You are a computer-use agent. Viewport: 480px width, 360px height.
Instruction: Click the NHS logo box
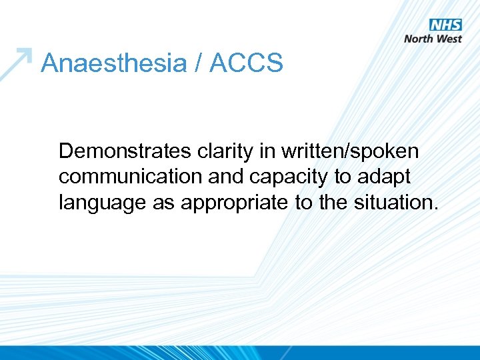(445, 25)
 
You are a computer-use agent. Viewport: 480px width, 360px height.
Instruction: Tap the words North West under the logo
(433, 39)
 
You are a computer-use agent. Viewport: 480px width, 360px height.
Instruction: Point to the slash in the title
(198, 64)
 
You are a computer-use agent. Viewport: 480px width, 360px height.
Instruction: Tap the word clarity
(224, 152)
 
